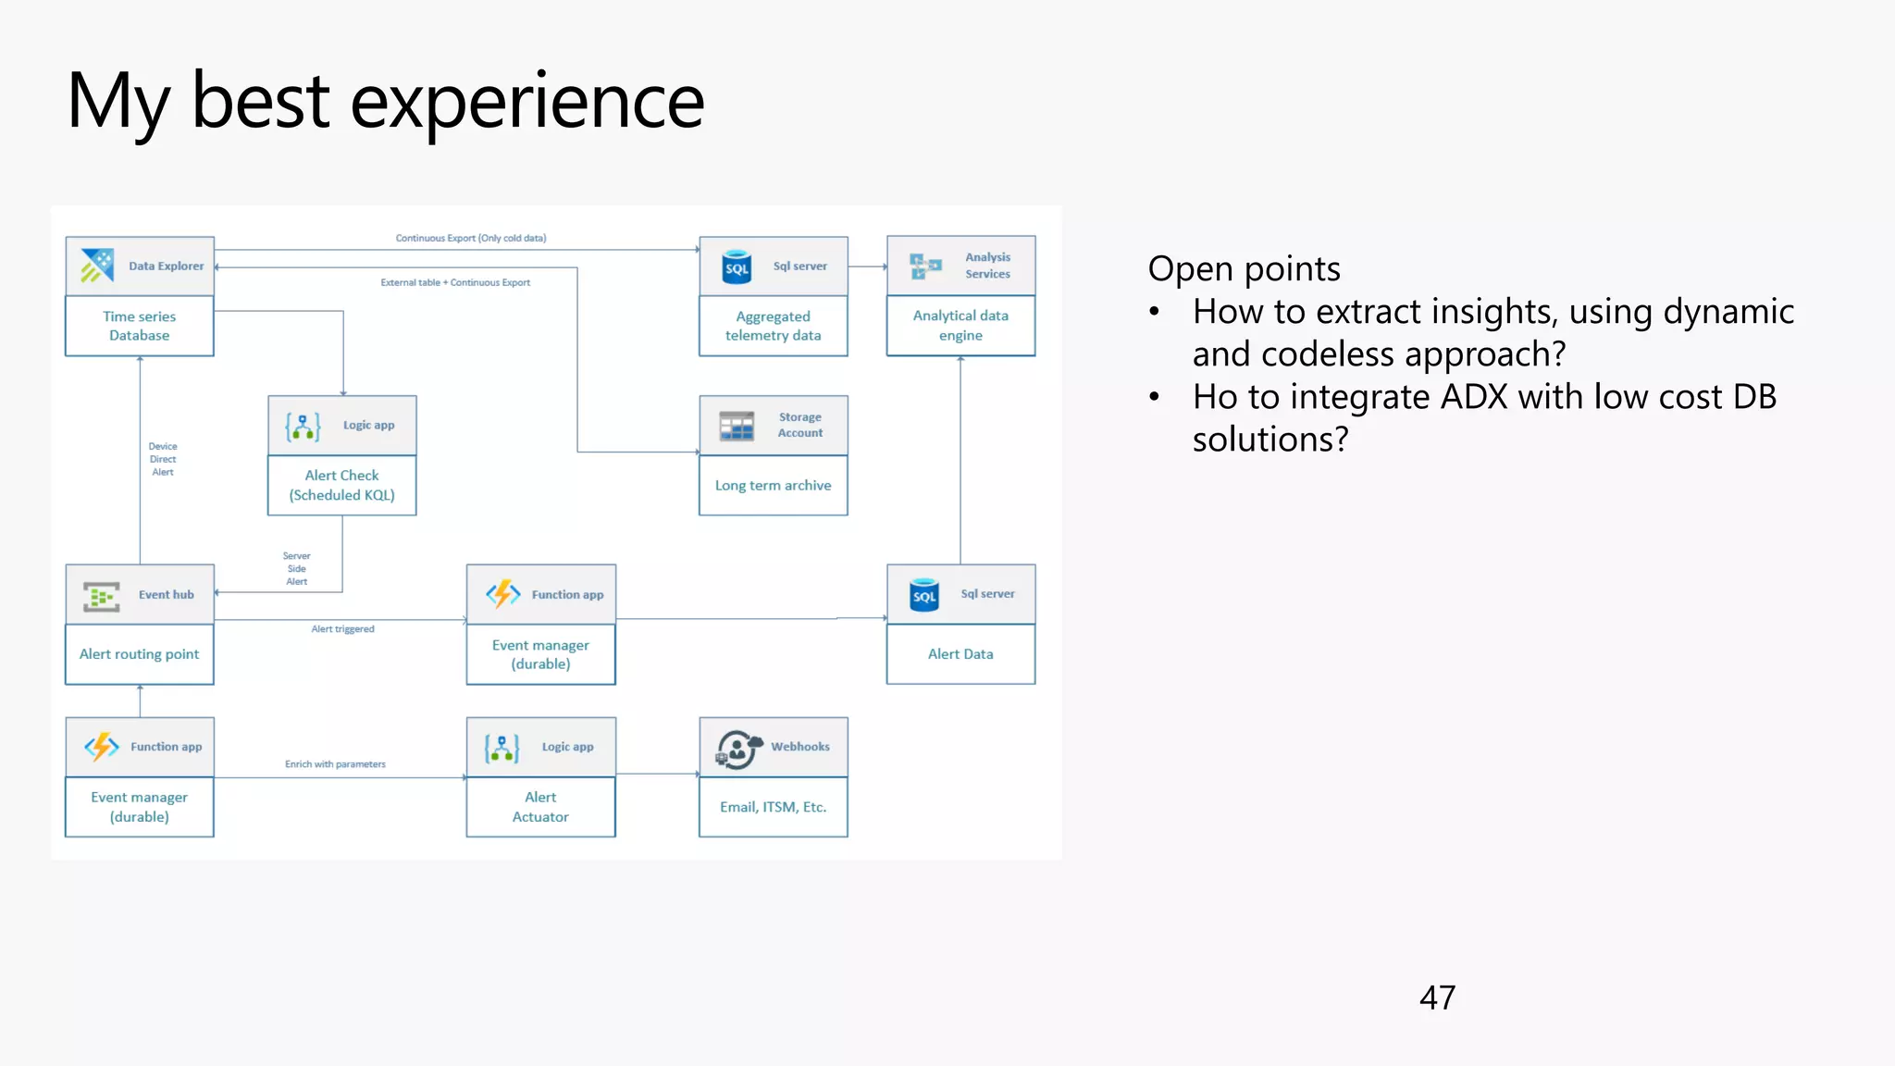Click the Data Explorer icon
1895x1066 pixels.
[x=96, y=266]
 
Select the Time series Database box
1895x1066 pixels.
[x=139, y=326]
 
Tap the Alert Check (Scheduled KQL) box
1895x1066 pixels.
[x=341, y=485]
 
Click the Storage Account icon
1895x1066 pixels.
[x=737, y=426]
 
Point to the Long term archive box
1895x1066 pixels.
[x=773, y=486]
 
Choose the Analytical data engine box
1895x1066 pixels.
[x=960, y=326]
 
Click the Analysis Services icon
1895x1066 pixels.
[x=924, y=266]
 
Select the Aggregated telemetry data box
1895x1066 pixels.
[x=773, y=326]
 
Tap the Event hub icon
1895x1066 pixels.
[x=102, y=596]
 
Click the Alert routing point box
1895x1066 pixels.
[x=139, y=654]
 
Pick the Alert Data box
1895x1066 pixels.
[x=960, y=654]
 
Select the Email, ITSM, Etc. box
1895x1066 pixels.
[x=773, y=807]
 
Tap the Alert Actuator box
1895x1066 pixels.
[x=540, y=807]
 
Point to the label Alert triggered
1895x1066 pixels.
[x=342, y=629]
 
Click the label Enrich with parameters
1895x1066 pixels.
[x=335, y=764]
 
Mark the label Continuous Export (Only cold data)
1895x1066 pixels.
[x=471, y=239]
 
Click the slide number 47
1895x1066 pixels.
[x=1437, y=998]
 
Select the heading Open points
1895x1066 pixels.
[x=1244, y=269]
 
